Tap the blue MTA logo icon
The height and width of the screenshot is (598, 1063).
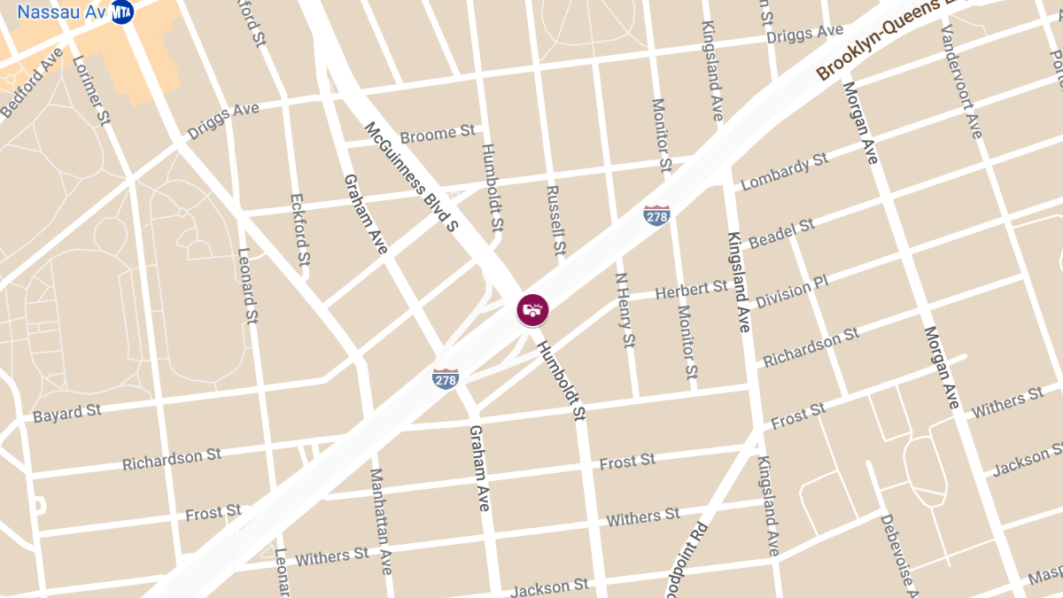pyautogui.click(x=122, y=12)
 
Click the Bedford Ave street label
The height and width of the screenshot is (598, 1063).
pyautogui.click(x=33, y=82)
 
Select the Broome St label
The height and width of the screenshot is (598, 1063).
pyautogui.click(x=438, y=135)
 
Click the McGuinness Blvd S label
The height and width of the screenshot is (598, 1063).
pyautogui.click(x=411, y=177)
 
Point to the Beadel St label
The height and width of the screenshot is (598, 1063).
pyautogui.click(x=781, y=234)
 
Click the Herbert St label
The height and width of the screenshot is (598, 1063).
pyautogui.click(x=691, y=290)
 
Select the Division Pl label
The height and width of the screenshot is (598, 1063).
pyautogui.click(x=791, y=291)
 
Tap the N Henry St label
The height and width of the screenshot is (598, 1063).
pyautogui.click(x=625, y=309)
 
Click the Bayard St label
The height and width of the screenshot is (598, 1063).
pyautogui.click(x=67, y=413)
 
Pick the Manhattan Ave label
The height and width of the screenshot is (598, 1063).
pyautogui.click(x=381, y=521)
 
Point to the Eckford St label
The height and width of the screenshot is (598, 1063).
pyautogui.click(x=300, y=230)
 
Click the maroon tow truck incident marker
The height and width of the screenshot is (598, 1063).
pyautogui.click(x=532, y=310)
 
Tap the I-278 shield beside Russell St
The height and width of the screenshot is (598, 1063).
pyautogui.click(x=656, y=215)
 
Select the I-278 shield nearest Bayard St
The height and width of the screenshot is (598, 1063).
pyautogui.click(x=446, y=379)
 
